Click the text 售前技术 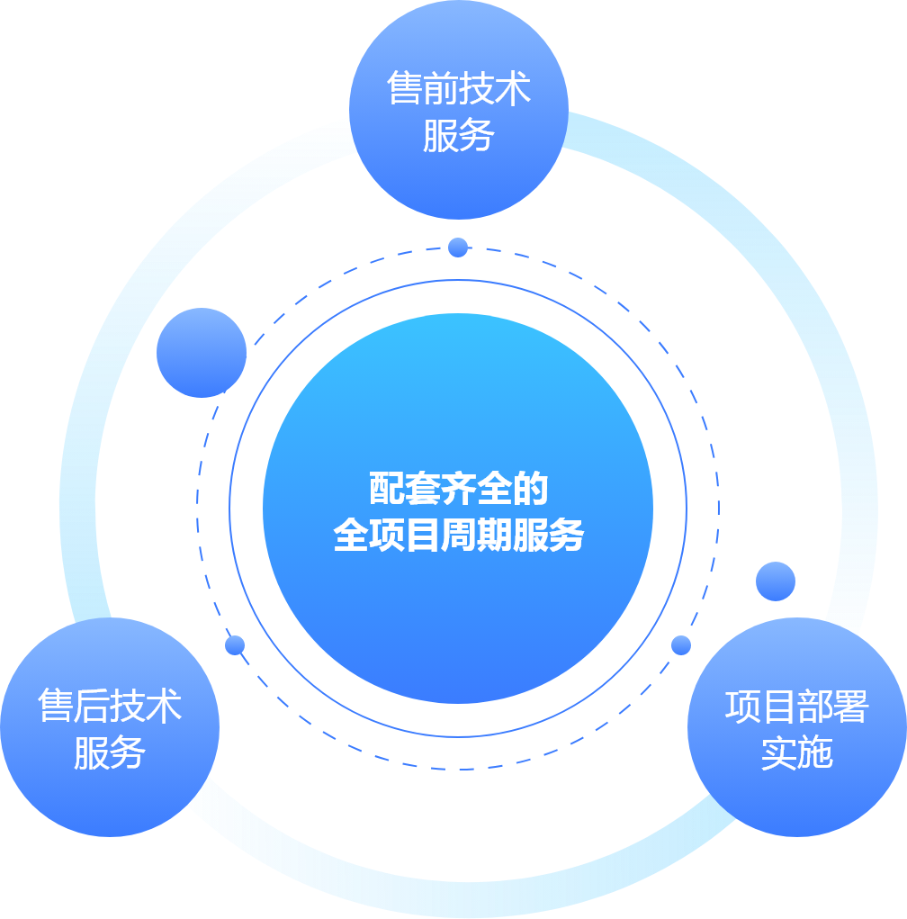[x=459, y=90]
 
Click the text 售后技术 [x=110, y=707]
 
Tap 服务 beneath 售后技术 [x=110, y=752]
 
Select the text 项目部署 [x=796, y=707]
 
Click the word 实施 [x=796, y=752]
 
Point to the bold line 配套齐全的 [x=458, y=491]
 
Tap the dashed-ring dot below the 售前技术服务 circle [x=458, y=247]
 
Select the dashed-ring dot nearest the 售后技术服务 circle [x=235, y=644]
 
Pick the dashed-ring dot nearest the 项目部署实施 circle [x=681, y=644]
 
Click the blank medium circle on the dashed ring [x=201, y=353]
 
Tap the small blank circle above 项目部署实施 [x=775, y=581]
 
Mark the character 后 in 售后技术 [x=92, y=707]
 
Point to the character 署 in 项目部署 [x=850, y=707]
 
